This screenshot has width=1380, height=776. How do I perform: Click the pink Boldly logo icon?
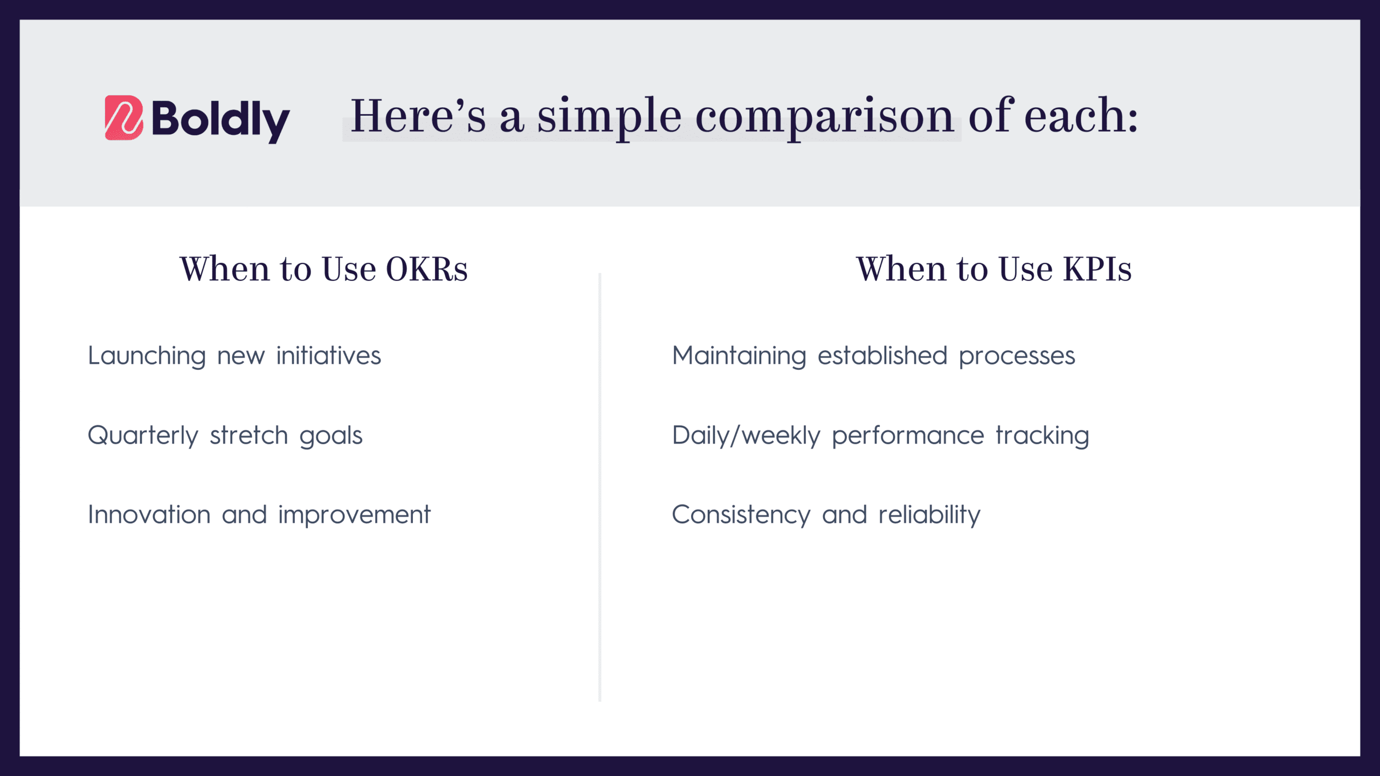click(123, 117)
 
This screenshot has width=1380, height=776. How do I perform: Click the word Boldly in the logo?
click(220, 120)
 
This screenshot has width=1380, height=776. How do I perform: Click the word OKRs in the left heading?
click(426, 269)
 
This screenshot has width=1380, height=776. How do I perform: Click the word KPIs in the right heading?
click(1097, 269)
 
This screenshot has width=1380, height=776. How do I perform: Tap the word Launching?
click(147, 356)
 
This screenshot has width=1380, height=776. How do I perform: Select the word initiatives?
click(328, 356)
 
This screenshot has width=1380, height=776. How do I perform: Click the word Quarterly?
click(143, 435)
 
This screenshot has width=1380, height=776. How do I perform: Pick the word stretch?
click(249, 435)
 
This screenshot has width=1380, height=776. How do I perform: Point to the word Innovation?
click(149, 515)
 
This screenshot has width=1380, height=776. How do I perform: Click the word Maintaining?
click(739, 356)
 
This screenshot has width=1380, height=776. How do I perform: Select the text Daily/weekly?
click(746, 435)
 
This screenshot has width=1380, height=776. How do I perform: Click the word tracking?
click(1042, 435)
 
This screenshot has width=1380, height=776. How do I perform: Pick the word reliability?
click(929, 515)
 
